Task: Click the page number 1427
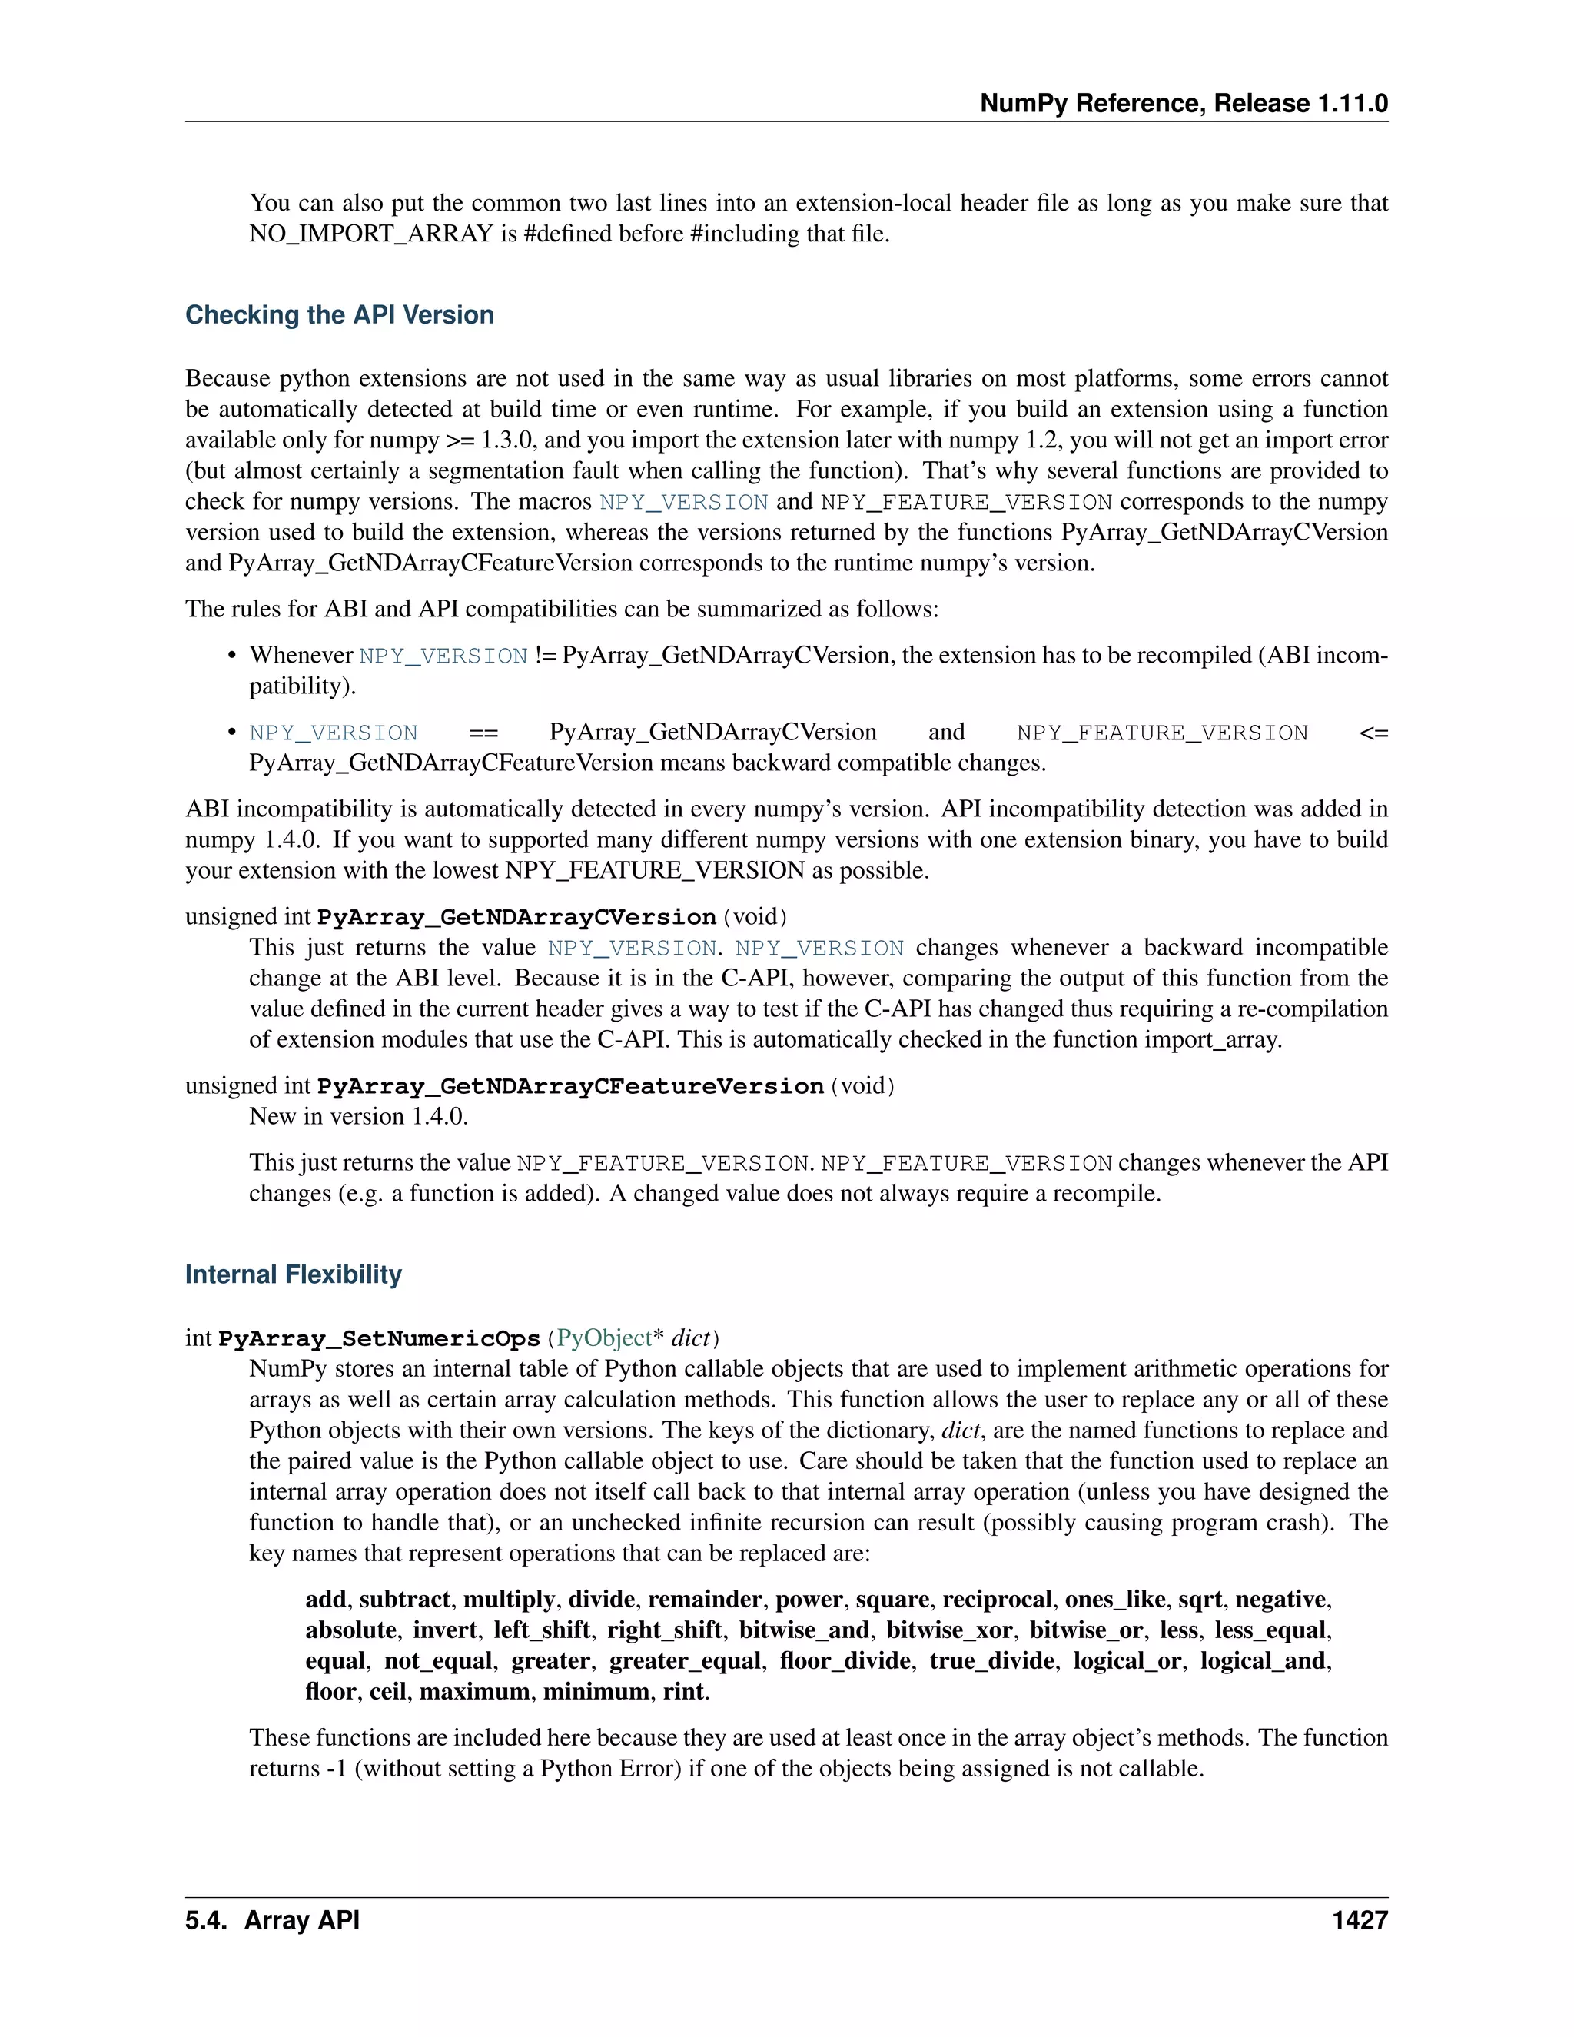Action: [x=1360, y=1922]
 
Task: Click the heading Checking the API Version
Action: [x=340, y=315]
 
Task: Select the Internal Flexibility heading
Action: [x=293, y=1275]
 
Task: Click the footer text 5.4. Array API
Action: [x=272, y=1922]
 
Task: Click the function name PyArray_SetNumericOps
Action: [x=379, y=1339]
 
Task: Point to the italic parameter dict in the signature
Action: [x=690, y=1338]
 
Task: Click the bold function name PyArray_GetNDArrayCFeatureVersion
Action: [x=569, y=1087]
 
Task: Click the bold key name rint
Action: [x=683, y=1692]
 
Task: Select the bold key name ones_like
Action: [x=1114, y=1600]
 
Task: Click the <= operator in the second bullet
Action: [x=1373, y=733]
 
